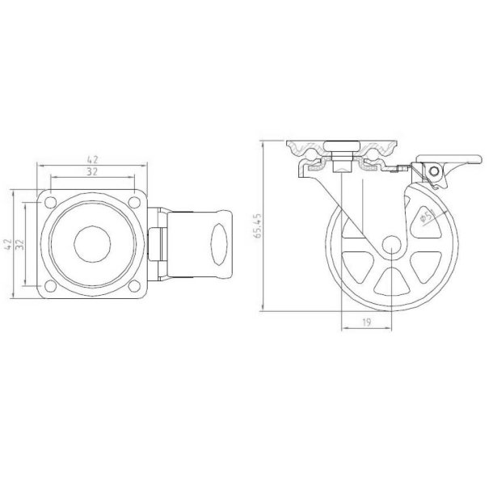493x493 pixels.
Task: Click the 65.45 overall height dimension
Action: coord(257,228)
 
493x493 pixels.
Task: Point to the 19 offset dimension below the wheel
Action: coord(365,322)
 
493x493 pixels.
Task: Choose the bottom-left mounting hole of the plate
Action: coord(50,284)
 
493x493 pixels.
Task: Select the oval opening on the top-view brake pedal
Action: coord(220,243)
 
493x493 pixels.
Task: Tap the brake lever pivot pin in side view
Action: coord(433,171)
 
